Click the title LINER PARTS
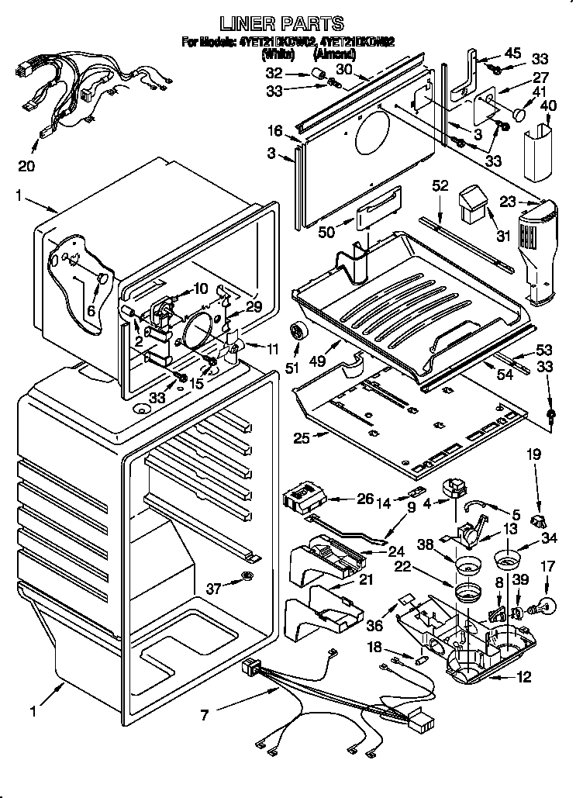(291, 24)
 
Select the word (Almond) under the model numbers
(334, 54)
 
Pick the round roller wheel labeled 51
(297, 332)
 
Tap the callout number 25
(301, 438)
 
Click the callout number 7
(204, 714)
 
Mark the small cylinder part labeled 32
(317, 74)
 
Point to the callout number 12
(524, 677)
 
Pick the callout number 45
(513, 53)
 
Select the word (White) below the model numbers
(278, 54)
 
